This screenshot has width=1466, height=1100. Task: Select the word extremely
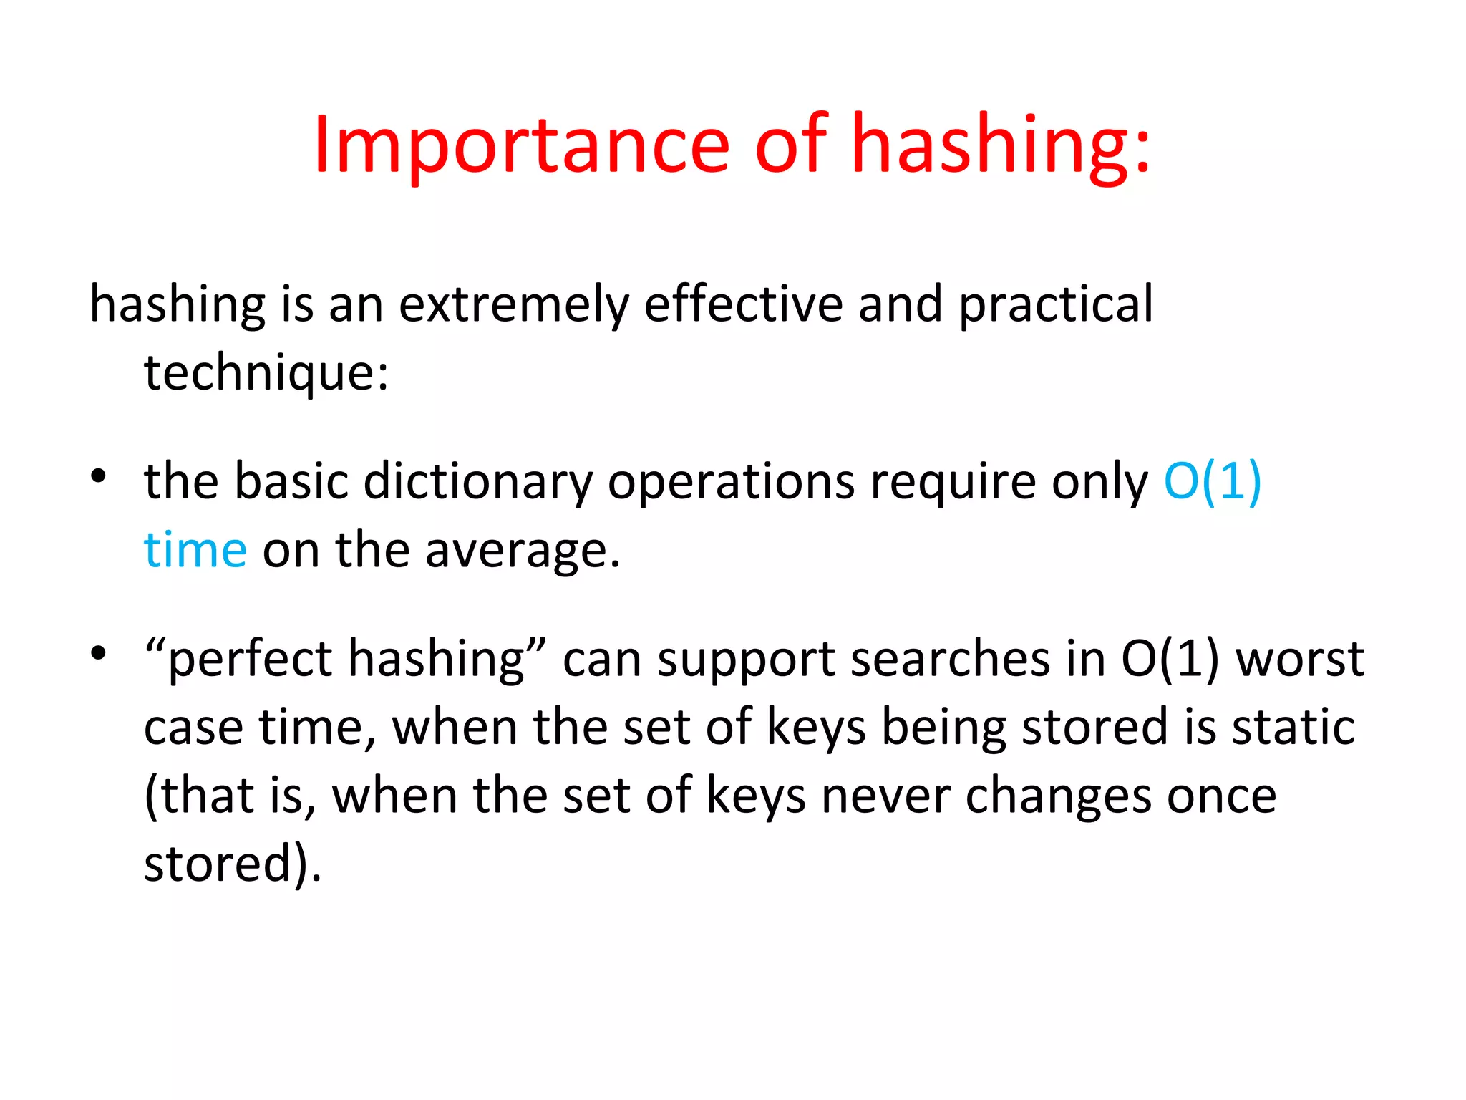513,304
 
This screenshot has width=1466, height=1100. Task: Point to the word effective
743,304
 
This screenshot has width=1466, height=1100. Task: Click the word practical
1055,304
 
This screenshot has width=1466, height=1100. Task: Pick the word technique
266,373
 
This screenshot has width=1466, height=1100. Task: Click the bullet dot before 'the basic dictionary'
99,476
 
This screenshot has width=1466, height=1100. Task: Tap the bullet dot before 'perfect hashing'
99,652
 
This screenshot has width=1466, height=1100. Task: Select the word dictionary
477,481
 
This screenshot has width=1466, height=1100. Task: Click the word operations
731,481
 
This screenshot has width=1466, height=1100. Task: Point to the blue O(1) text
1212,481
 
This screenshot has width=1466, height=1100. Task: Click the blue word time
195,550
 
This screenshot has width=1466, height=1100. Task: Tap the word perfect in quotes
249,659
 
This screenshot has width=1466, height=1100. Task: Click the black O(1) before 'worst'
1170,659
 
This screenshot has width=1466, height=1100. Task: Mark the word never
885,796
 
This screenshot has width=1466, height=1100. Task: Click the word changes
1058,796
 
